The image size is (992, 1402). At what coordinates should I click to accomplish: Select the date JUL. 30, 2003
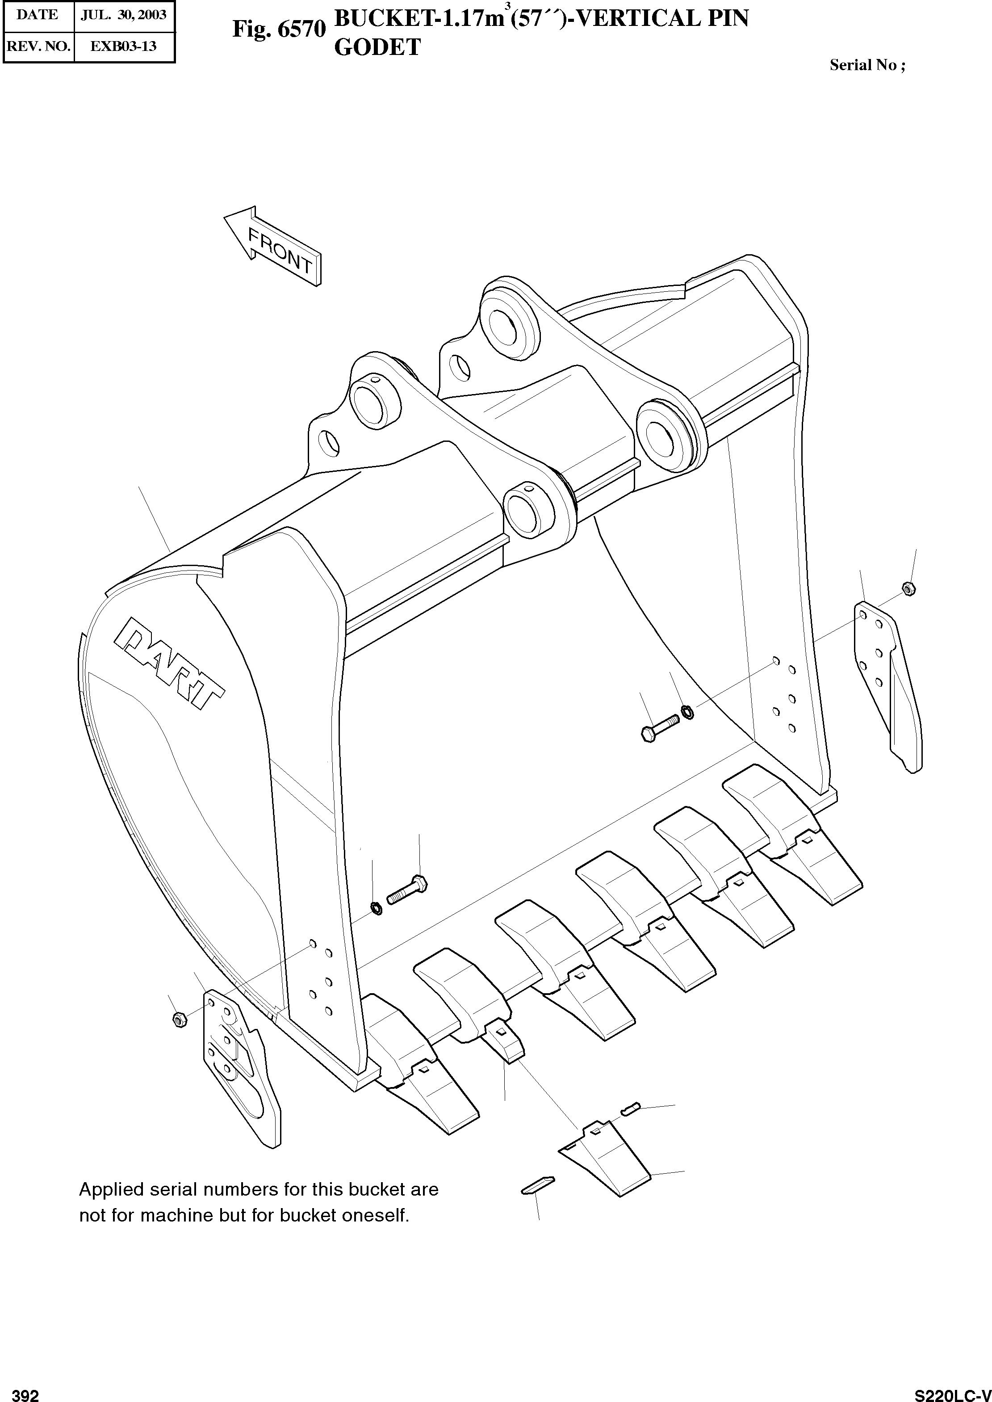pos(124,15)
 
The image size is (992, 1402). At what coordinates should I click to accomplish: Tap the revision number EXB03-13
pos(124,46)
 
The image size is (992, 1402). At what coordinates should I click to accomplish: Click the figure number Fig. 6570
pos(279,29)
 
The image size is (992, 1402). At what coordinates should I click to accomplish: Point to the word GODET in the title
pos(377,47)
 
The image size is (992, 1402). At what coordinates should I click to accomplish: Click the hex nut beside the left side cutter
pos(179,1019)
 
